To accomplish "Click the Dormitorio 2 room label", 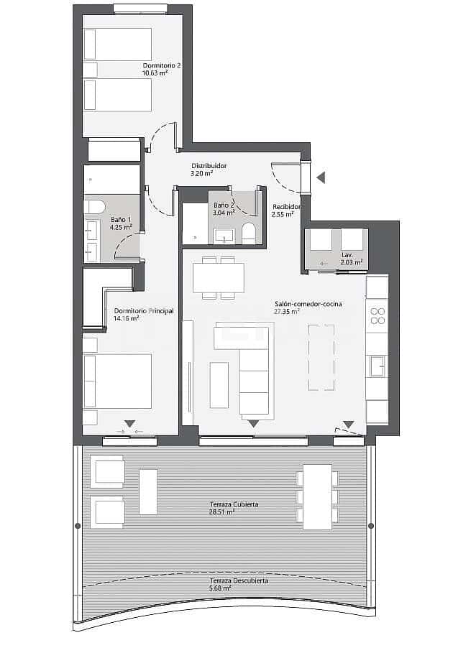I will pos(162,65).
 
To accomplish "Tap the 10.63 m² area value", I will pos(155,73).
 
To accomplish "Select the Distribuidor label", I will pos(209,166).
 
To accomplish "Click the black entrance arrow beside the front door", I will pos(321,177).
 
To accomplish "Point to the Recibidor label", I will pos(286,207).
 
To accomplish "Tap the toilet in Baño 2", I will pos(249,232).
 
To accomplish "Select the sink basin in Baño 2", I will pos(224,235).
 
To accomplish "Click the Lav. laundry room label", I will pos(347,255).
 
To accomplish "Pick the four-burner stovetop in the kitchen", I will pos(377,316).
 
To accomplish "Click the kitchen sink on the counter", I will pos(377,366).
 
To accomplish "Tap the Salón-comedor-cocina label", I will pos(308,304).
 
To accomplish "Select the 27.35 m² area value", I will pos(287,312).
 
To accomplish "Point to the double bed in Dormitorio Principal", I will pos(118,381).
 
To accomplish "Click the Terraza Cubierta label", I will pos(234,505).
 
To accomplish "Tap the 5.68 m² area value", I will pos(221,588).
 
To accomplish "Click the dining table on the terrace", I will pos(317,497).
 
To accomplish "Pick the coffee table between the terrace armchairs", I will pos(148,491).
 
